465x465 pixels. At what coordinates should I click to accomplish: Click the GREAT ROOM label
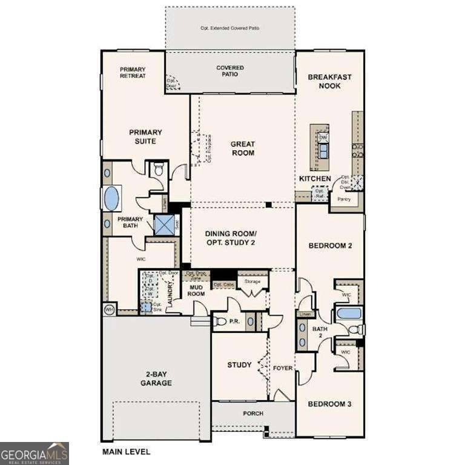coord(242,148)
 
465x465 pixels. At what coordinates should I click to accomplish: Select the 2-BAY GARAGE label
coord(156,378)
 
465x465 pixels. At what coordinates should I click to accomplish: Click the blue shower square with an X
coord(163,224)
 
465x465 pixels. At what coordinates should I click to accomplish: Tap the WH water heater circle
coord(110,309)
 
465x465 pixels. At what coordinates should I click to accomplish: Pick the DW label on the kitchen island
coord(323,138)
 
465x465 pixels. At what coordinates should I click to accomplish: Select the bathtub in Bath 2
coord(348,314)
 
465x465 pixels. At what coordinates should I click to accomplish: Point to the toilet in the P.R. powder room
coord(220,322)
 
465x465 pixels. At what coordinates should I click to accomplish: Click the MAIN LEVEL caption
coord(126,452)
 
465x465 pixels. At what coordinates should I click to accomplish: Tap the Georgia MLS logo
coord(35,453)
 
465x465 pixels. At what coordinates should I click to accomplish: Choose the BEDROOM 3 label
coord(329,404)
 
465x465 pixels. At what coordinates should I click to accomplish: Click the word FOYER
coord(282,368)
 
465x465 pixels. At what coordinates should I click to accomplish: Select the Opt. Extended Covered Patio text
coord(230,28)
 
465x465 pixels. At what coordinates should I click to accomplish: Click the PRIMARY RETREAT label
coord(133,73)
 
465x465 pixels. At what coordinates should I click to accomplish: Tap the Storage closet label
coord(252,282)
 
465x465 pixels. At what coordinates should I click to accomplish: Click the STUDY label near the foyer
coord(239,364)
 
